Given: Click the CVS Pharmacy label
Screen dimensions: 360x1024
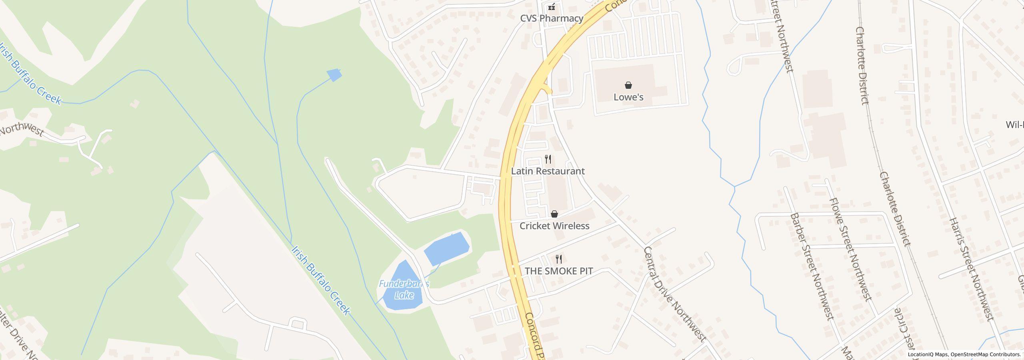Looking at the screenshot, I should coord(552,18).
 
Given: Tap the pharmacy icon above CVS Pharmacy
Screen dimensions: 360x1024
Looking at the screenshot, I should coord(552,6).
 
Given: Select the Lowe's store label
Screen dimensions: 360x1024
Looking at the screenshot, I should coord(628,97).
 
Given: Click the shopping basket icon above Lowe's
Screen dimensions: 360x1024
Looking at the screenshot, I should coord(628,85).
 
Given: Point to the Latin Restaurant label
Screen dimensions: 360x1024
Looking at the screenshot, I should coord(548,171).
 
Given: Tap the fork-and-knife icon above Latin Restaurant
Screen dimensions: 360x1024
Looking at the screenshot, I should coord(548,159).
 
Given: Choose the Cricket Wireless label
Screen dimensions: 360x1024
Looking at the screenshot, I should coord(554,226).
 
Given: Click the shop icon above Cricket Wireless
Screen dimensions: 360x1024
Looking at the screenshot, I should coord(554,214).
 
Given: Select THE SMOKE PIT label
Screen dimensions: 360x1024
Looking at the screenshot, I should coord(558,271).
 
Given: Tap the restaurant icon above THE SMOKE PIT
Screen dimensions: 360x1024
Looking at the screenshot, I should coord(559,259).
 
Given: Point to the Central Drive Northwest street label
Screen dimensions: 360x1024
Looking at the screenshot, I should coord(674,294).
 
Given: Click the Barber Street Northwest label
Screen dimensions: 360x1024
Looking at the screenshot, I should coord(812,266).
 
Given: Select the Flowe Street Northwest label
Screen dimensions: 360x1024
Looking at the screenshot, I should coord(850,249).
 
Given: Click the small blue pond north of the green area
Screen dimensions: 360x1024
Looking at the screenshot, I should coord(334,75).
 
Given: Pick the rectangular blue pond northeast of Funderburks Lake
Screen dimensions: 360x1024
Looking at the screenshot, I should coord(446,248).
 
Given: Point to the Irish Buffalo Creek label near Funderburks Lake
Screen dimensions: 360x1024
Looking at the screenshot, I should coord(321,280).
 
